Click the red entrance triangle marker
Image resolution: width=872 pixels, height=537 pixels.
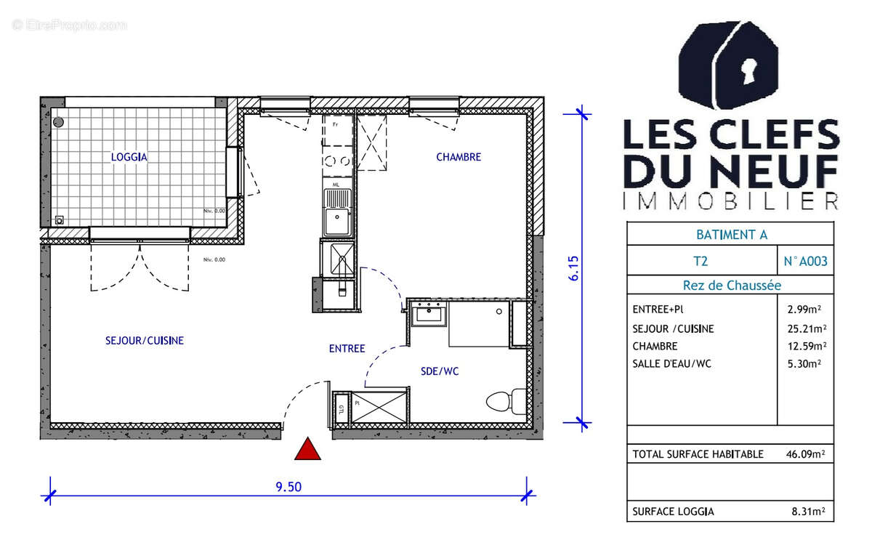pos(308,450)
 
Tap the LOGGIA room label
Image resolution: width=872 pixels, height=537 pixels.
pos(129,156)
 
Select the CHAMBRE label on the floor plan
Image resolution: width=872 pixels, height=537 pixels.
pos(459,157)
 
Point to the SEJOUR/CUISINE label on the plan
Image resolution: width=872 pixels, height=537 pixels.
pos(145,340)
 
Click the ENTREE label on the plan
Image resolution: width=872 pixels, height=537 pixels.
pos(347,349)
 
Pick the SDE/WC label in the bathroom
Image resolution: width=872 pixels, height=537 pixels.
pos(440,371)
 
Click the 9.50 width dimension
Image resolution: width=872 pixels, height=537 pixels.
pos(289,487)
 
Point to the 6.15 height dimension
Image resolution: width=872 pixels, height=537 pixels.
pos(573,268)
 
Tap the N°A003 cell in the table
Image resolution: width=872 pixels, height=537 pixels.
pos(804,260)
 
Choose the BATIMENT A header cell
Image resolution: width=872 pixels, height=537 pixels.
pos(731,234)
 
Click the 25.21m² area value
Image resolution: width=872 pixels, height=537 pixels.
pos(804,328)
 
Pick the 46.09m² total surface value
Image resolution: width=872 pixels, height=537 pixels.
pos(804,454)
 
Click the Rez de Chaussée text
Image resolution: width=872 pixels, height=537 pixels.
pos(731,286)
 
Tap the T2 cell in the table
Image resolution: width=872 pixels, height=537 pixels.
pos(701,260)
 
